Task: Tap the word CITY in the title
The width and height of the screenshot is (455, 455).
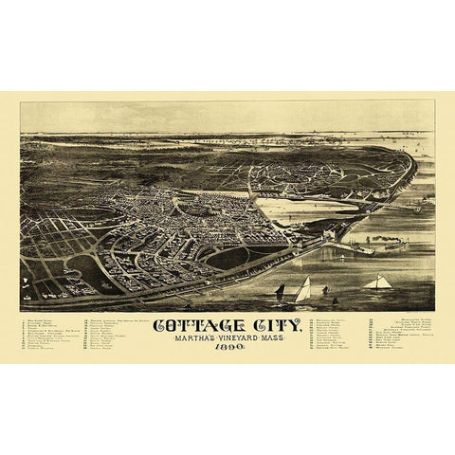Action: [x=275, y=325]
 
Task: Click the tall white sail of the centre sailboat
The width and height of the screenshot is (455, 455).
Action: [x=302, y=289]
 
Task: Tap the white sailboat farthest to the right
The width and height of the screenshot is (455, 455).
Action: [x=377, y=282]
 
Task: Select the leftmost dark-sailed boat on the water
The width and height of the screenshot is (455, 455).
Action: [x=281, y=288]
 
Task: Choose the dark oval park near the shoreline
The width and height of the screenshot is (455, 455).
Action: [x=227, y=257]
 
